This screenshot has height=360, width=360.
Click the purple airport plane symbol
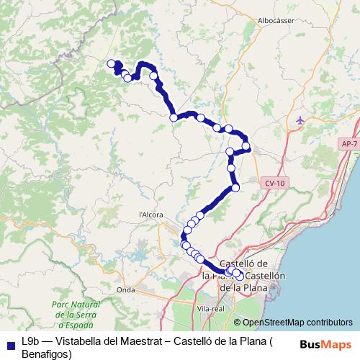click(300, 120)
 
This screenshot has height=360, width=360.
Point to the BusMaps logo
click(328, 346)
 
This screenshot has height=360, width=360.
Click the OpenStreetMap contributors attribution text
click(297, 323)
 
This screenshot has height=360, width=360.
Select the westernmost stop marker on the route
click(111, 64)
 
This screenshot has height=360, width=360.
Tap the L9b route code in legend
click(31, 341)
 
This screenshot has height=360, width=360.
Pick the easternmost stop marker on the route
click(247, 147)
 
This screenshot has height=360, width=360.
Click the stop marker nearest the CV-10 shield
click(235, 188)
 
